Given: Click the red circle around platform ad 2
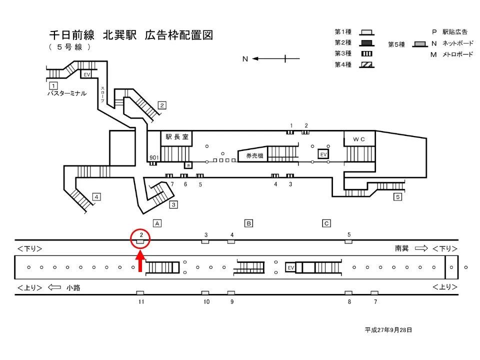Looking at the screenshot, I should point(140,238).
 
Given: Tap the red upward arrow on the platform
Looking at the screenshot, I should point(140,261).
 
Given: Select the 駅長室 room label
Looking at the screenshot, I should point(176,136).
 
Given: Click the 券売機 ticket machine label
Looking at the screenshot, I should point(252,156).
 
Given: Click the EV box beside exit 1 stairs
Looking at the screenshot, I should point(87,74).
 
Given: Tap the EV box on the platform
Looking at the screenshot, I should point(290,268).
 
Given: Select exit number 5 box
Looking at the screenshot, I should point(397,196).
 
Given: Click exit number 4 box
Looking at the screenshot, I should point(96,196).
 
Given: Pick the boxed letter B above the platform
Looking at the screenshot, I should point(248,223).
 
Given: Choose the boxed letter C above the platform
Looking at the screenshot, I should point(326,223).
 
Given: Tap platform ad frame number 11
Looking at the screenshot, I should point(140,292).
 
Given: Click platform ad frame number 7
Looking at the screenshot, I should point(374,292).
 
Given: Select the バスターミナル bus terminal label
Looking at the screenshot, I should point(66,93).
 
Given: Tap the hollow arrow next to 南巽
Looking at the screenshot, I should point(421,248).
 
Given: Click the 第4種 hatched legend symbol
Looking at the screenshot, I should point(367,64).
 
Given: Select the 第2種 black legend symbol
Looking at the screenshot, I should point(367,42).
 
